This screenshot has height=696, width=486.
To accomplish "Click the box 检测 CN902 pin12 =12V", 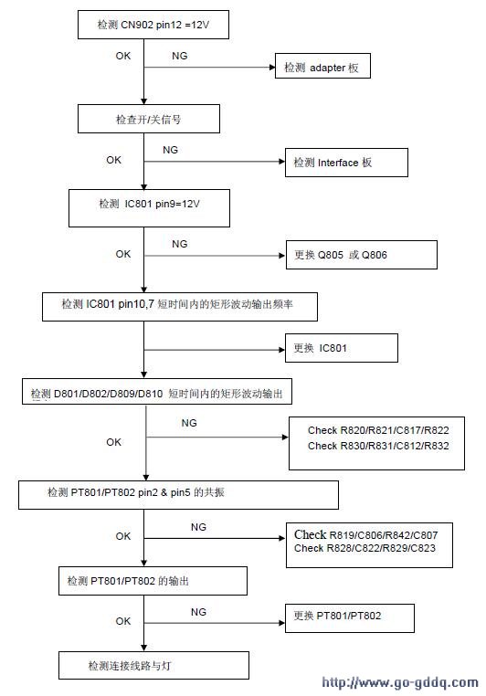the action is click(x=153, y=25).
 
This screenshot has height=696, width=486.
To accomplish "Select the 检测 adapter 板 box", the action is click(x=322, y=66).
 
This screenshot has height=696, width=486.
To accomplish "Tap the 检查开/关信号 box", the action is click(x=149, y=119).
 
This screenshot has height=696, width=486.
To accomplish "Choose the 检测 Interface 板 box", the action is click(x=346, y=163).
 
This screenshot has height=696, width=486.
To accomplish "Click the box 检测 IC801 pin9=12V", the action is click(x=149, y=208).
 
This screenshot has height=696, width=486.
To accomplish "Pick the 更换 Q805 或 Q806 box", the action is click(x=361, y=255).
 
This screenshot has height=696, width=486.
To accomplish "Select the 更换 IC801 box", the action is click(x=342, y=348).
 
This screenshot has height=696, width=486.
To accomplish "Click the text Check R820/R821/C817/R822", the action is click(x=378, y=430).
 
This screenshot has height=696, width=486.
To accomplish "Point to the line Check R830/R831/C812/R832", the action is click(x=378, y=446).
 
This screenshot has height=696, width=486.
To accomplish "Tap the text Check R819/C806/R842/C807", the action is click(x=365, y=535).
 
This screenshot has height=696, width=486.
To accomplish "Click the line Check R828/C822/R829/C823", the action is click(x=364, y=548).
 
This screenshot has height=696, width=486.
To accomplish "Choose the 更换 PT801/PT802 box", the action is click(x=349, y=617).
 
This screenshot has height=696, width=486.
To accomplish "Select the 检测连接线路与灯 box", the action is click(x=153, y=665).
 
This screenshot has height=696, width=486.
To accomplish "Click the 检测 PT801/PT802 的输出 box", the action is click(x=153, y=581).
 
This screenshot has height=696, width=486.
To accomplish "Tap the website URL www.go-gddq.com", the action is click(x=400, y=682).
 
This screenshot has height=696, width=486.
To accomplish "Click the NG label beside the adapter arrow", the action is click(x=180, y=56).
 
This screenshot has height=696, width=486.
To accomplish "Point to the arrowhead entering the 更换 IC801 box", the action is click(x=281, y=350).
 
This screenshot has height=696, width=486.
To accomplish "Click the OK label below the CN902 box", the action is click(x=123, y=56).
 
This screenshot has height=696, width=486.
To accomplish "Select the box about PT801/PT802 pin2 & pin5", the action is click(x=178, y=495).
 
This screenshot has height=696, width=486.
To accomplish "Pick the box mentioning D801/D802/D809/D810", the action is click(x=157, y=392).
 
